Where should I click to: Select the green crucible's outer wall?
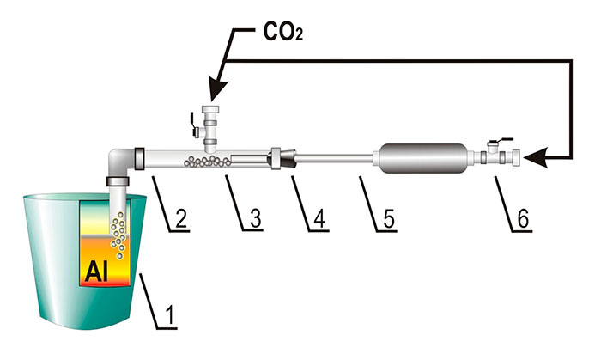pyautogui.click(x=43, y=258)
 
